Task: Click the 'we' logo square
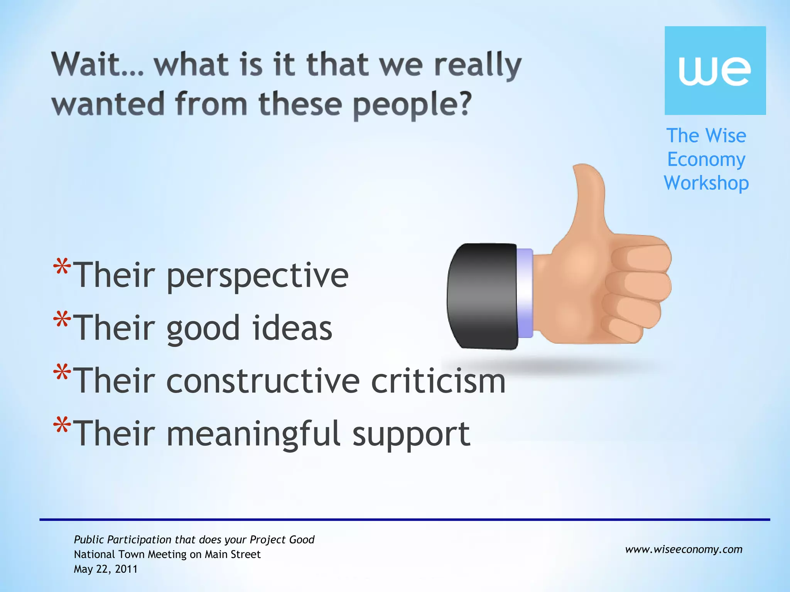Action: (x=715, y=71)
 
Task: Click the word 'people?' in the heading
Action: (x=412, y=105)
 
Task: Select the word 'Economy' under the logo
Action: (x=706, y=160)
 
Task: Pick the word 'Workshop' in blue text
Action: (x=706, y=183)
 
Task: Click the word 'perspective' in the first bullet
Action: (x=257, y=276)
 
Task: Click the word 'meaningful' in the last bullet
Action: (x=253, y=434)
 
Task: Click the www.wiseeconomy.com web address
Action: (x=684, y=549)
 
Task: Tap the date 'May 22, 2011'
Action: (x=106, y=569)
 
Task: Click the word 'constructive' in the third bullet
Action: (x=263, y=381)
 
